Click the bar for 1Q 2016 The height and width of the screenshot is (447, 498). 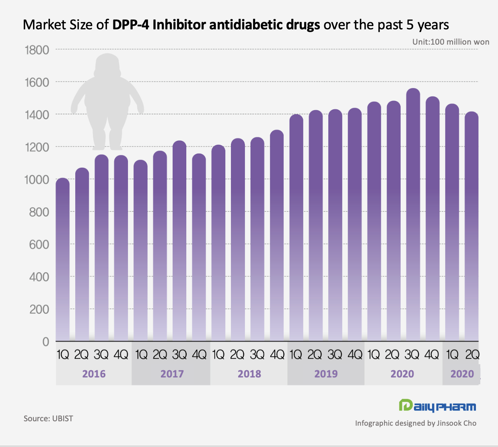tap(62, 261)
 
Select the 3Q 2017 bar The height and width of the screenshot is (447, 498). tap(179, 241)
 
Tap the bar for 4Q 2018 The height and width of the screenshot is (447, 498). tap(277, 237)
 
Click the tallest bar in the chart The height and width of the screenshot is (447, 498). tap(413, 217)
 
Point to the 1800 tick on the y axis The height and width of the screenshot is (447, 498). tap(37, 50)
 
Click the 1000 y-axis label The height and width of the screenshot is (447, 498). tap(37, 180)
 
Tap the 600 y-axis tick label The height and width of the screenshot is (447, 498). tap(39, 244)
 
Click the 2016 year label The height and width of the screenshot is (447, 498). tap(94, 374)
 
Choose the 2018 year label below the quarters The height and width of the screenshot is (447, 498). tap(249, 374)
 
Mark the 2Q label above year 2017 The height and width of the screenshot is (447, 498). tap(160, 355)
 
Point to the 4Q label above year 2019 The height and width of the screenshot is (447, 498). tap(355, 355)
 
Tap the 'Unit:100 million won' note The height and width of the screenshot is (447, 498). tap(451, 42)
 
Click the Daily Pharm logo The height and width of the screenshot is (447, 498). tap(437, 406)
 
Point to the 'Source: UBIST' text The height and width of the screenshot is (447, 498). tap(48, 418)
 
